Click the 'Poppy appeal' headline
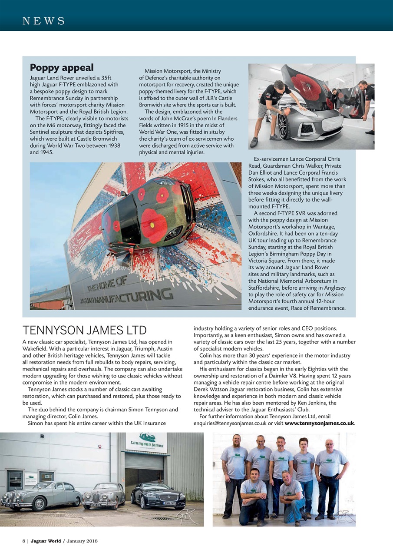62,68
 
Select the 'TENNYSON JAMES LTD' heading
84,331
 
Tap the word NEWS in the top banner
43,21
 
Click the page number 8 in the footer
24,541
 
